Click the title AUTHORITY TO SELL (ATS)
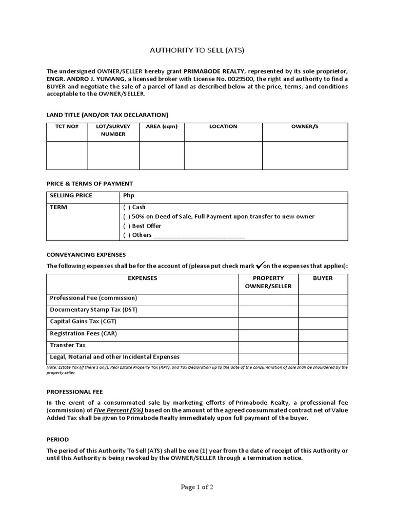(196, 50)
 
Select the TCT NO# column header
(67, 126)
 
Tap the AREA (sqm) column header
(162, 126)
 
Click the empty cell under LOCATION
(223, 155)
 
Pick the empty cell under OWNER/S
(305, 155)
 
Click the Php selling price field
(233, 196)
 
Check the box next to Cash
(126, 208)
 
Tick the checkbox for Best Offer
(126, 226)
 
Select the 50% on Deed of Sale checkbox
(126, 217)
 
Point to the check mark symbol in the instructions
(260, 265)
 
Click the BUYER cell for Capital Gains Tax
(323, 322)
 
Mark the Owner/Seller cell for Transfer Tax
(268, 345)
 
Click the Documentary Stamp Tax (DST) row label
(94, 310)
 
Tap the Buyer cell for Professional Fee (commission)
(323, 298)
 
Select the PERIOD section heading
(57, 440)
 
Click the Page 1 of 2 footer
(197, 487)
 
